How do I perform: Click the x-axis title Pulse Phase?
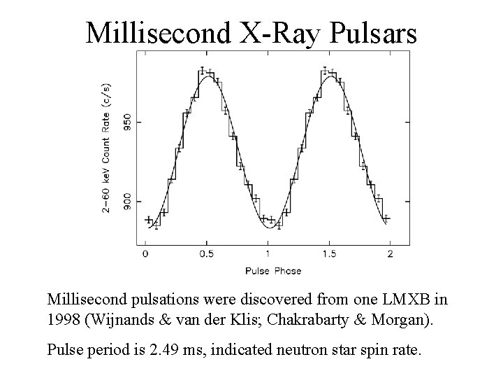click(x=273, y=270)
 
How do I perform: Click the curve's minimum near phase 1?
click(x=268, y=226)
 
